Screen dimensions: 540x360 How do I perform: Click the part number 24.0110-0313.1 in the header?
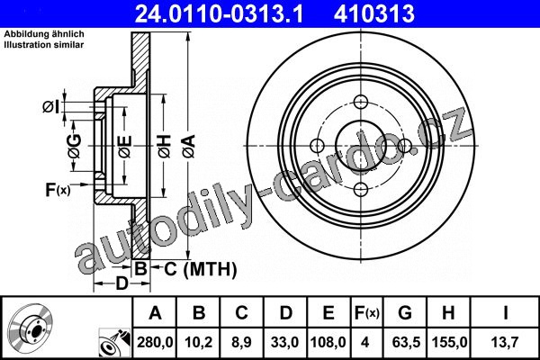point(219,13)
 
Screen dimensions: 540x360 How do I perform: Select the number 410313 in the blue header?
point(374,13)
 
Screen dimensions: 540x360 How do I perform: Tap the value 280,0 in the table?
point(155,342)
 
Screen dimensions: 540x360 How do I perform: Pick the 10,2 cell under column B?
point(198,342)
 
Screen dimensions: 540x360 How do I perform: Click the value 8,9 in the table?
point(241,342)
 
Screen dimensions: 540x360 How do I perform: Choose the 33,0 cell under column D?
point(284,342)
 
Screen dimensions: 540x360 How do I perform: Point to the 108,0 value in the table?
point(328,342)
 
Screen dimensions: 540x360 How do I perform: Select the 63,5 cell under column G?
point(406,342)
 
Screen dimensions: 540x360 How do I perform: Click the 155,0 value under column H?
point(449,342)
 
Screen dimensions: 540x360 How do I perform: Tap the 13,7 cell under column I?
point(505,342)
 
